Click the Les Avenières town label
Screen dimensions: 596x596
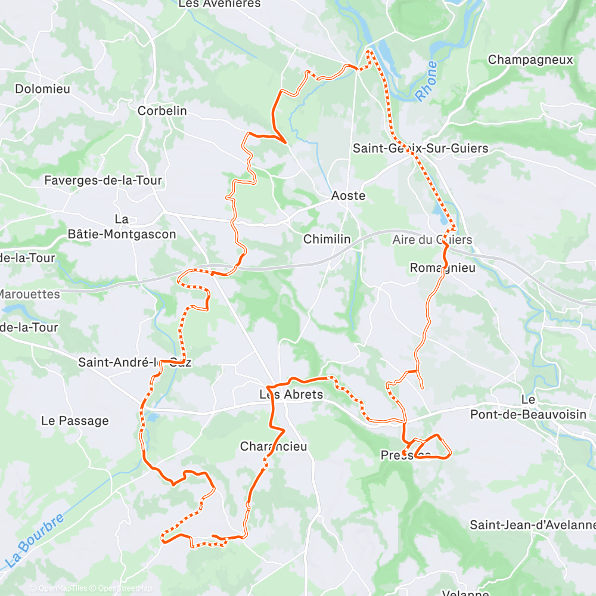(x=219, y=4)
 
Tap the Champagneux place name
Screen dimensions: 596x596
(x=530, y=60)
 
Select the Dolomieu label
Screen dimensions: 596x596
(x=42, y=89)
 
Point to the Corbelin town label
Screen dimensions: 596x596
(x=162, y=111)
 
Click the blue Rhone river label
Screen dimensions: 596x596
(x=426, y=81)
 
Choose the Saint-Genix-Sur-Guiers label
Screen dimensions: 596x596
(x=420, y=148)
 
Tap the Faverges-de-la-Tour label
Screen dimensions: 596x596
(x=103, y=180)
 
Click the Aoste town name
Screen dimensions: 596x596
(x=348, y=196)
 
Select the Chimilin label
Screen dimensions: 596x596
(x=327, y=240)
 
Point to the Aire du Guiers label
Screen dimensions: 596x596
(x=432, y=240)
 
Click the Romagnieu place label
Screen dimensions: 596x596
(x=443, y=268)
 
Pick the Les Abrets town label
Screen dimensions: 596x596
(x=291, y=395)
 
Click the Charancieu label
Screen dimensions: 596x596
(x=274, y=446)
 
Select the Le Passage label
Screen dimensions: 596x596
(x=74, y=421)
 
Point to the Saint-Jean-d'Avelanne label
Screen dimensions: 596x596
(x=532, y=525)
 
